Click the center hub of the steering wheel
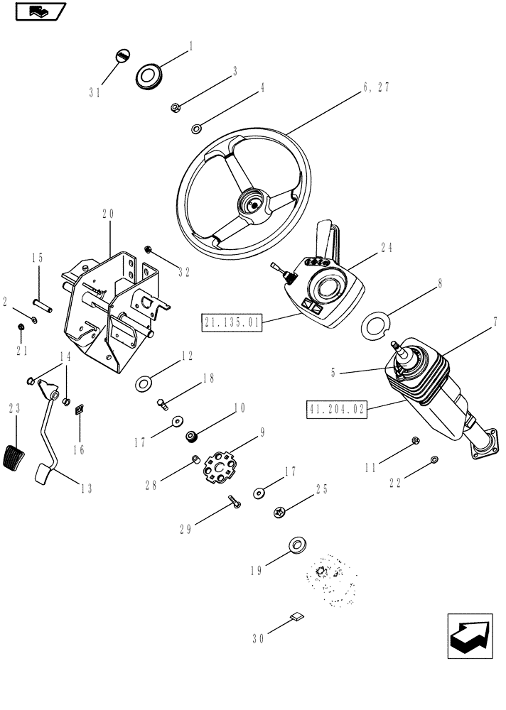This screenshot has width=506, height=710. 250,204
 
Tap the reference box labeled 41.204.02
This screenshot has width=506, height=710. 336,410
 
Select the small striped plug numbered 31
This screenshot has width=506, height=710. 122,57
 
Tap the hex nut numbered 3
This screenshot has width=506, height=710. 175,108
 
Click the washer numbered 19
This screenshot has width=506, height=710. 297,545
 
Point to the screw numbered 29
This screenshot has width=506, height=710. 234,502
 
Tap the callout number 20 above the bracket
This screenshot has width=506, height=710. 108,213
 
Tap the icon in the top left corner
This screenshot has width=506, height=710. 40,11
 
